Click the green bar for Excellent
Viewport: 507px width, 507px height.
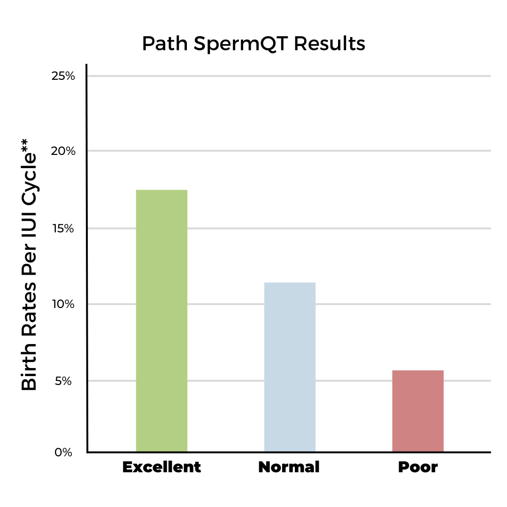tap(161, 321)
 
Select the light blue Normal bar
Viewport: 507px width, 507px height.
tap(290, 367)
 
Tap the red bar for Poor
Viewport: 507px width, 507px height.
tap(418, 411)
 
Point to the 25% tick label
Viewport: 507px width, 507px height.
tap(63, 76)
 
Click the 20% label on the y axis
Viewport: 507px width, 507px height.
tap(63, 151)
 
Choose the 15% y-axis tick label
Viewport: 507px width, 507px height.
tap(63, 229)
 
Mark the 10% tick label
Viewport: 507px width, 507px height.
tap(63, 304)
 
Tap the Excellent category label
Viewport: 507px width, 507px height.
tap(161, 468)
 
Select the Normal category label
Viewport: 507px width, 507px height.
tap(289, 468)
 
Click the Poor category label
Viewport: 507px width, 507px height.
tap(418, 468)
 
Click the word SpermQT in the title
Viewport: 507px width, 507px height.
tap(241, 44)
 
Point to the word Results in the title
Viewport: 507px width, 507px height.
tap(330, 44)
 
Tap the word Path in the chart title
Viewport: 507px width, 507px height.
tap(165, 44)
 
